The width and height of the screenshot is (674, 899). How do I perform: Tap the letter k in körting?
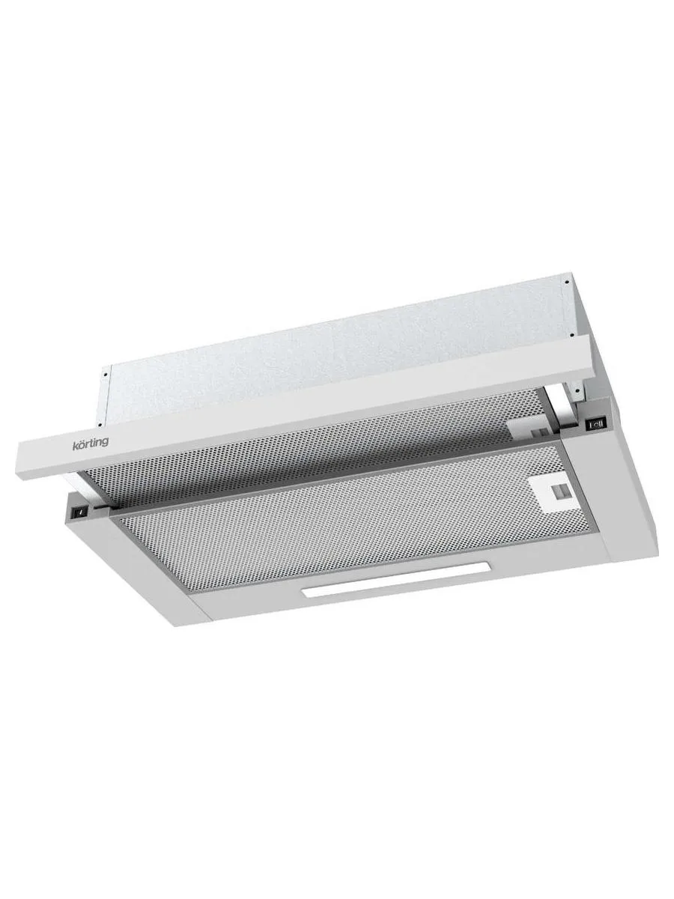75,445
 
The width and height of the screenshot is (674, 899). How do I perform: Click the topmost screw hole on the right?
567,282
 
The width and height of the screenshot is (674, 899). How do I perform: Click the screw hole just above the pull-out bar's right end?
571,336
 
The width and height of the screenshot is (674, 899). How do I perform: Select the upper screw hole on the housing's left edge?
105,374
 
